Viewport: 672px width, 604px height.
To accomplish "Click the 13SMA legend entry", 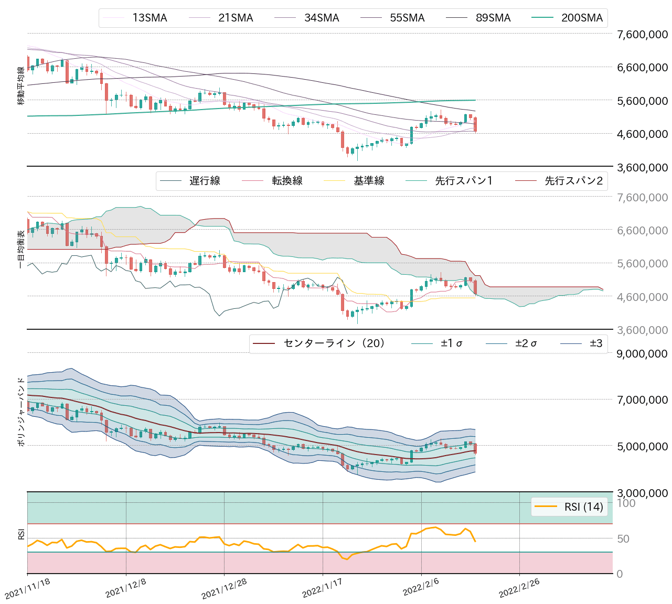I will point(150,18).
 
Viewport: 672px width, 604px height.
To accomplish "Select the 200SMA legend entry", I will point(582,18).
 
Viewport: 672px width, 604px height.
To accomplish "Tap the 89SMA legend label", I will point(493,18).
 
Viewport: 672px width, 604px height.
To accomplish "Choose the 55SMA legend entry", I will point(407,18).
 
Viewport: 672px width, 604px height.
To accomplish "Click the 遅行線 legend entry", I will point(205,181).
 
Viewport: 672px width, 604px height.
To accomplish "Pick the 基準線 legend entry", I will point(369,181).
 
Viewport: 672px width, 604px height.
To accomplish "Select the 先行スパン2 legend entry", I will point(573,181).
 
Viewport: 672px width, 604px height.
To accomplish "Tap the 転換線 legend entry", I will point(287,181).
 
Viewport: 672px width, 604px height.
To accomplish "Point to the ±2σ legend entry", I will point(526,343).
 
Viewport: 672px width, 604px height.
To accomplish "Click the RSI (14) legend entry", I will point(583,506).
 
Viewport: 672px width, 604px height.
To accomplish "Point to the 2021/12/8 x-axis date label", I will point(125,589).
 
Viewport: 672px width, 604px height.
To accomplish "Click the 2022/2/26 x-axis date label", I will point(519,589).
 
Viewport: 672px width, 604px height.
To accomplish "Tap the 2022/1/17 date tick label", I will point(322,589).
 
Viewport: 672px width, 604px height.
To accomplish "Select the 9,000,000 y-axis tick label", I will point(642,353).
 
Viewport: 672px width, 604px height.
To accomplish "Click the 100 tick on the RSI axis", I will point(626,503).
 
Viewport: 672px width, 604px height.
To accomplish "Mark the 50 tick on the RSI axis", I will point(623,539).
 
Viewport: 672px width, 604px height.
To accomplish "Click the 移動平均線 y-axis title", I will point(21,86).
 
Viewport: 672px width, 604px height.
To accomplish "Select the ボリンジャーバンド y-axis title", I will point(21,412).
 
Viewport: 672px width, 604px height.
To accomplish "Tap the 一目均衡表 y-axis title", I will point(21,250).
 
